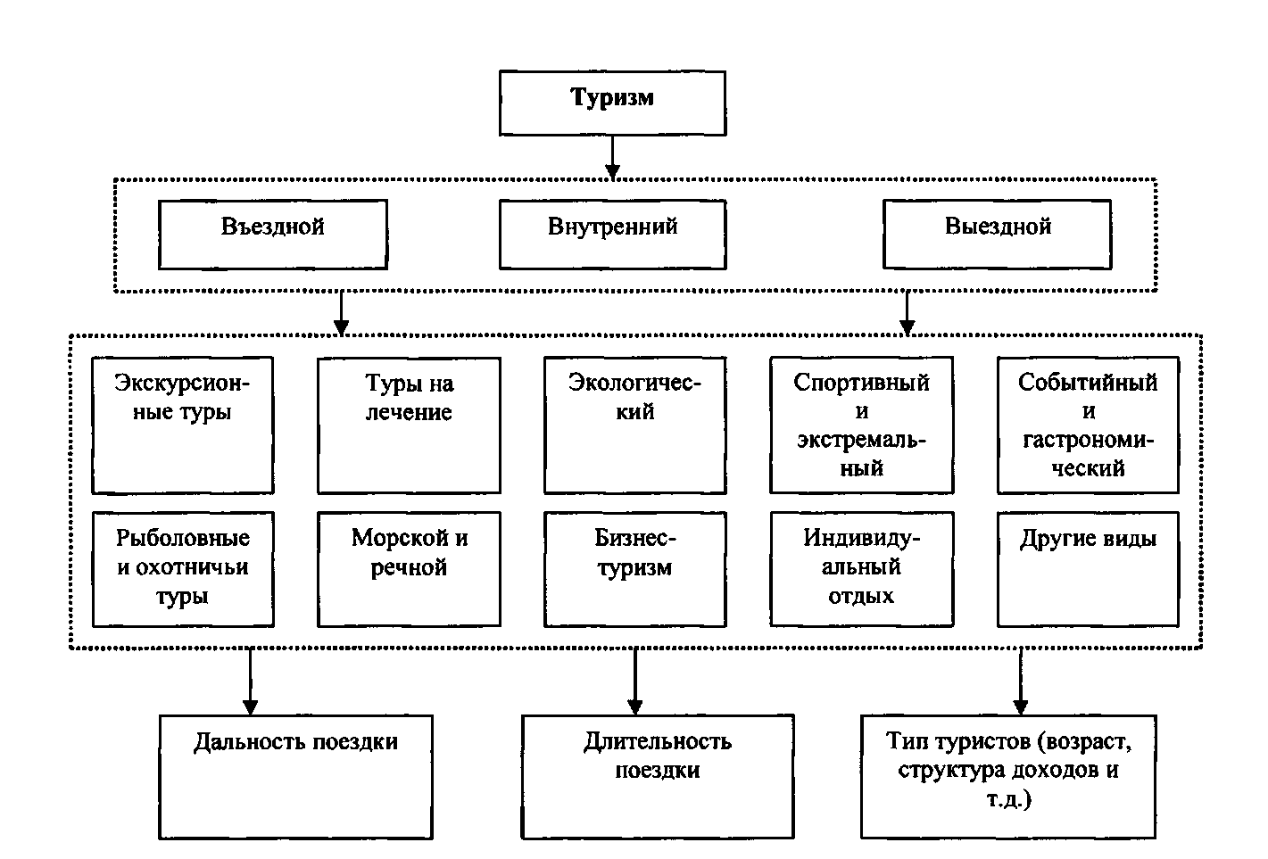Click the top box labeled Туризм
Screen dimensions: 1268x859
(612, 103)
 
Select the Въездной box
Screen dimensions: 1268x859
(273, 235)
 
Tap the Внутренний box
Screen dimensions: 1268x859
(612, 235)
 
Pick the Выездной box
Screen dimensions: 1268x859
(998, 235)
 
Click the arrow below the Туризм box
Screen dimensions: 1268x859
(612, 158)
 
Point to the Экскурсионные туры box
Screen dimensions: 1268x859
(183, 425)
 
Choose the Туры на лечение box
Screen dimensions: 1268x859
(409, 425)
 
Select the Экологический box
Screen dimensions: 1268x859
(635, 425)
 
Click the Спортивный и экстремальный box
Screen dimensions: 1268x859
(862, 425)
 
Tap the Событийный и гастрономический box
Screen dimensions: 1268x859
(1088, 425)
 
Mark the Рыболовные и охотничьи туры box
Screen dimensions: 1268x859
(183, 569)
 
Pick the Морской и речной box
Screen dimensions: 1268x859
(409, 569)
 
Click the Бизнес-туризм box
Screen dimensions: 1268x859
(635, 569)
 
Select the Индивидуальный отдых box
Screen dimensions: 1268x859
(862, 569)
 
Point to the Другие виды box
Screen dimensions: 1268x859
(1088, 569)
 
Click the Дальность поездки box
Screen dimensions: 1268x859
(295, 777)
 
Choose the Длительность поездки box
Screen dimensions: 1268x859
(658, 777)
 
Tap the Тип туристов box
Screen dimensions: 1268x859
(1008, 777)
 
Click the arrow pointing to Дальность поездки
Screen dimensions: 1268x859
(250, 681)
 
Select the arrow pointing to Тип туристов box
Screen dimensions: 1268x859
(1020, 681)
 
